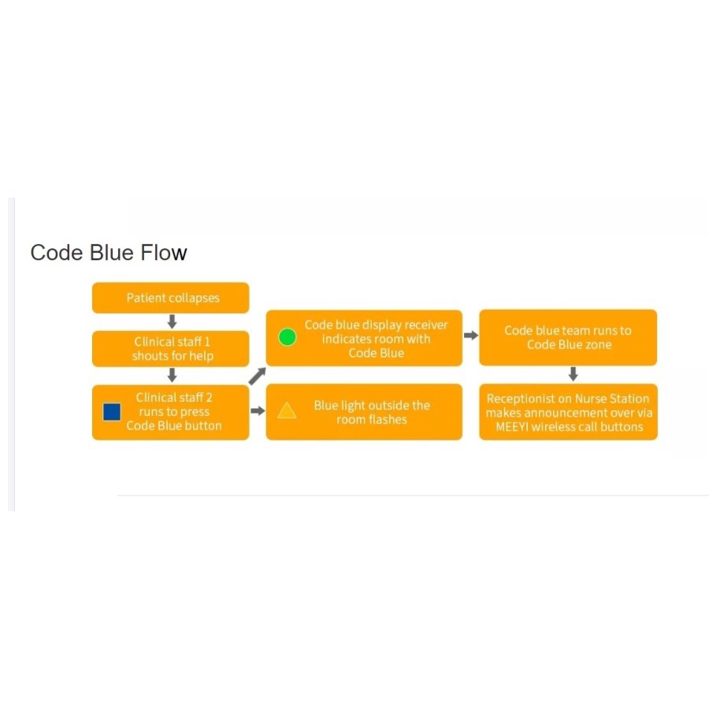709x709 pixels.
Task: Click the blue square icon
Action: click(x=112, y=412)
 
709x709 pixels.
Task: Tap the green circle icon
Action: click(x=287, y=337)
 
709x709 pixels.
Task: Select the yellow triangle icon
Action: click(x=287, y=410)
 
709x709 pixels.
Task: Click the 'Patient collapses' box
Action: click(x=170, y=298)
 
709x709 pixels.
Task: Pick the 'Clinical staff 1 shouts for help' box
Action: click(x=170, y=349)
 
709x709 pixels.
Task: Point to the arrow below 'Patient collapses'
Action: click(x=172, y=321)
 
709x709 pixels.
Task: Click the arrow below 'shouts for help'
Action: click(x=172, y=375)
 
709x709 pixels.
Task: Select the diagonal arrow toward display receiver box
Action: click(x=258, y=377)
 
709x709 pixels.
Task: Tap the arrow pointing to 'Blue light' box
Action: click(x=258, y=410)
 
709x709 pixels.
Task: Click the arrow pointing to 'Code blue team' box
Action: click(x=471, y=336)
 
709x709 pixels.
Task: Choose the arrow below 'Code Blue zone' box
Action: click(x=573, y=374)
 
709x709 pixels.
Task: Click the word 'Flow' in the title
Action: click(x=164, y=253)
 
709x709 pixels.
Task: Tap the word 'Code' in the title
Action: click(x=57, y=253)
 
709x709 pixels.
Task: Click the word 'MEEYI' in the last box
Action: click(x=512, y=427)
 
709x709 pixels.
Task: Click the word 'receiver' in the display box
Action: click(x=426, y=325)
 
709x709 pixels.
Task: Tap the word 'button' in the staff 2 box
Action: click(x=202, y=426)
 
